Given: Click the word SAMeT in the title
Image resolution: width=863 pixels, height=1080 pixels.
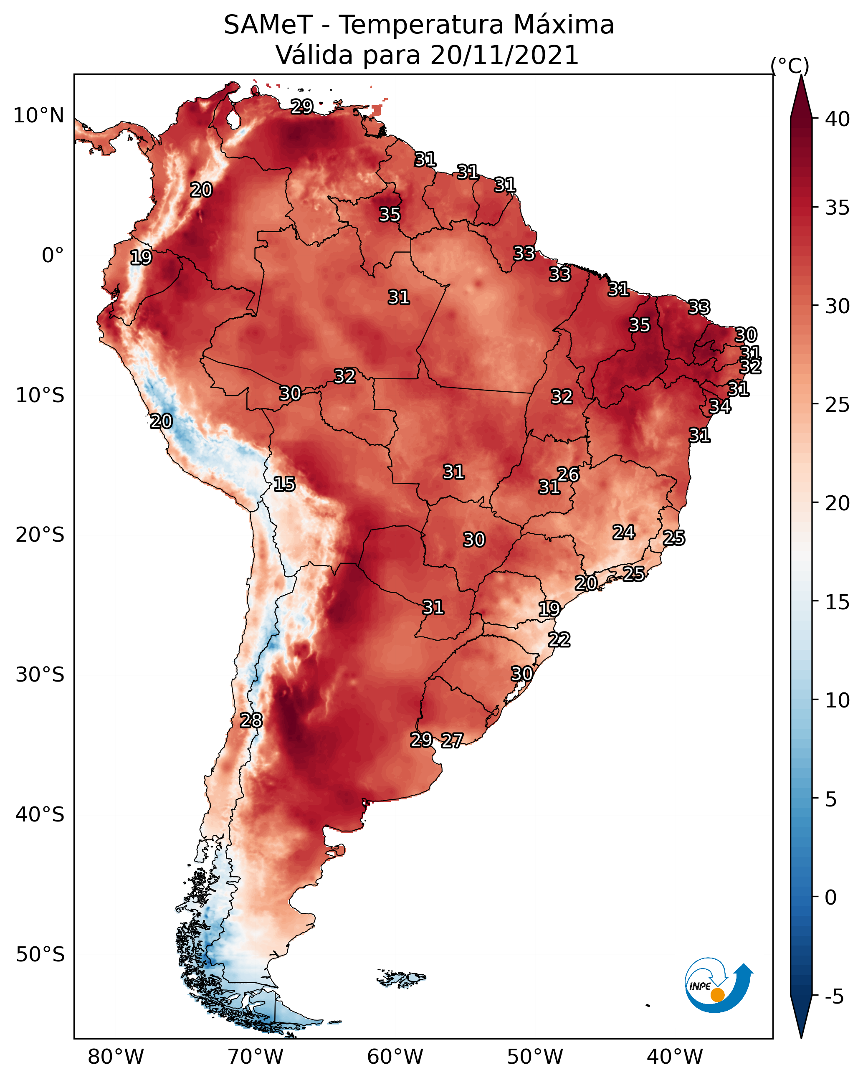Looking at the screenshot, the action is coord(268,25).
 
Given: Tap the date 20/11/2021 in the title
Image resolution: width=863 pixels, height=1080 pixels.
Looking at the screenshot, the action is coord(504,55).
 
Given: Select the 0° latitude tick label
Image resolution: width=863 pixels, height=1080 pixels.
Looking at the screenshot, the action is coord(53,256).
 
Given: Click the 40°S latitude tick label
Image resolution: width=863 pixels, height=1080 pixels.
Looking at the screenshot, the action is coord(40,814).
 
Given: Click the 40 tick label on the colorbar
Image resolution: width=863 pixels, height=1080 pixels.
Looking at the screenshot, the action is coord(838,119).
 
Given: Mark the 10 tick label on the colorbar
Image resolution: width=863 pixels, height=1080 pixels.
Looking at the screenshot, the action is coord(838,701).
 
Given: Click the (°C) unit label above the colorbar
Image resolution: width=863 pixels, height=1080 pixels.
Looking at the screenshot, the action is coord(790,66).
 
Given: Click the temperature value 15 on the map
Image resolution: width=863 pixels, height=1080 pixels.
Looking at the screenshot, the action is coord(284,484).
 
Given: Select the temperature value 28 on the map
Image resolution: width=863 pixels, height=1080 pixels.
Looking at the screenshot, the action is coord(251,720).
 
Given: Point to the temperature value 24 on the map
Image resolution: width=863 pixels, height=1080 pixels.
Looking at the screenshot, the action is coord(624,532).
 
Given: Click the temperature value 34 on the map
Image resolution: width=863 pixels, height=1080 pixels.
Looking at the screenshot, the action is coord(720,407).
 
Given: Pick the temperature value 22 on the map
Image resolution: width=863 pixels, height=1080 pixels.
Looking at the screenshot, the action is coord(559,640).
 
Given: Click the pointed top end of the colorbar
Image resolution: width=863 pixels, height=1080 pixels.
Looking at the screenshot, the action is coord(801,75).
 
